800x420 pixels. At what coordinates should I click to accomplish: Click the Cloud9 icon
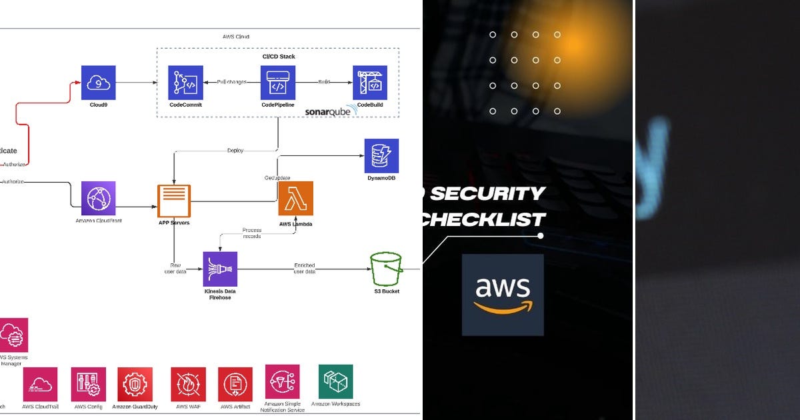(98, 83)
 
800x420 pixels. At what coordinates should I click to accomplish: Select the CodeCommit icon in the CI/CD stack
(185, 83)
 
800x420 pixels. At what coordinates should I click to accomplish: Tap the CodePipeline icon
(277, 83)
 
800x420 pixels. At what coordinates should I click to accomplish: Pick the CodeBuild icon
(370, 83)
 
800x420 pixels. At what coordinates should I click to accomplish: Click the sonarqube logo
(331, 111)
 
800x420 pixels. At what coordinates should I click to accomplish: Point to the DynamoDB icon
(381, 156)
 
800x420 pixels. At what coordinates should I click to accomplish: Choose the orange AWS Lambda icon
(295, 199)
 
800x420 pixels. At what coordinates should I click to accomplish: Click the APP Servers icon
(174, 201)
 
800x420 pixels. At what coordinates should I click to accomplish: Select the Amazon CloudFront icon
(98, 199)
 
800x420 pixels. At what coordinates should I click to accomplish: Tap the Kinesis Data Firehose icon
(220, 269)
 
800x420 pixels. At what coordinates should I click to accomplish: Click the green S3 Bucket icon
(387, 269)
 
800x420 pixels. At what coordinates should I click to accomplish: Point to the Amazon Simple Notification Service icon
(283, 381)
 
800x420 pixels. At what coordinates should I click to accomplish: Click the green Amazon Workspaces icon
(335, 381)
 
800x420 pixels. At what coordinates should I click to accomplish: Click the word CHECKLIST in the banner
(483, 218)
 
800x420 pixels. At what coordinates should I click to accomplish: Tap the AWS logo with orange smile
(503, 295)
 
